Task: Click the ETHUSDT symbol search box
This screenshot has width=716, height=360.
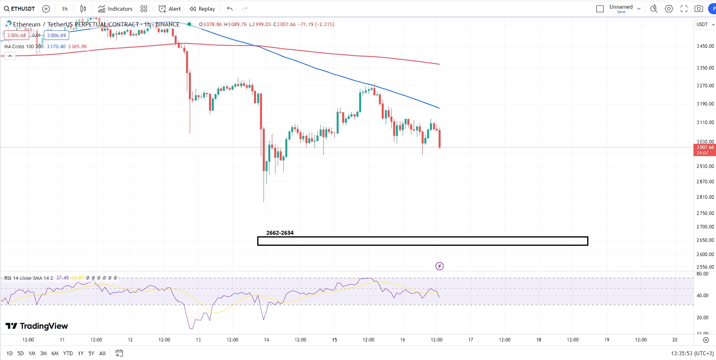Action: click(20, 9)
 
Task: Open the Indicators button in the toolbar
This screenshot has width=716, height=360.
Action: click(115, 9)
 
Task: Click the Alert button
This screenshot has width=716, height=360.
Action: click(170, 9)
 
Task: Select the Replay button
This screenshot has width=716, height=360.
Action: click(202, 9)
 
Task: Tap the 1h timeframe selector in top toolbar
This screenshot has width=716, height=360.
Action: click(65, 9)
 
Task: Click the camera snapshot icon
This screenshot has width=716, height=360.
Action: click(699, 9)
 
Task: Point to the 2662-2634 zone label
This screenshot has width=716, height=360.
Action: click(280, 233)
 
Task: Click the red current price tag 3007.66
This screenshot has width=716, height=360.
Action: click(705, 150)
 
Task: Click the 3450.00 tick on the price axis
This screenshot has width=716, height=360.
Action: click(705, 46)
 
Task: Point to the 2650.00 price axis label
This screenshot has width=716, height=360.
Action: click(705, 240)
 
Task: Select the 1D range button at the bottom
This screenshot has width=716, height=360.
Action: click(9, 353)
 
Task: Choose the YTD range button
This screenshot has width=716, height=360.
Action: click(68, 353)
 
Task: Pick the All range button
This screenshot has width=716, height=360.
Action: click(102, 353)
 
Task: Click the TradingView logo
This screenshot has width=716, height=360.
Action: click(37, 326)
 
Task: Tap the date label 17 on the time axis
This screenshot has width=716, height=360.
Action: click(471, 340)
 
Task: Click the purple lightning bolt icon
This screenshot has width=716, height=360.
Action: click(439, 266)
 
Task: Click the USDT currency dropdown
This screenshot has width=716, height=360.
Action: click(705, 25)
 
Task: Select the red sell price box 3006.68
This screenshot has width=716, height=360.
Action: click(17, 36)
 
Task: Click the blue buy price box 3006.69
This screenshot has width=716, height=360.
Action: click(57, 36)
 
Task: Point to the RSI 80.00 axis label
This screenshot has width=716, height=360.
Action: click(702, 274)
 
